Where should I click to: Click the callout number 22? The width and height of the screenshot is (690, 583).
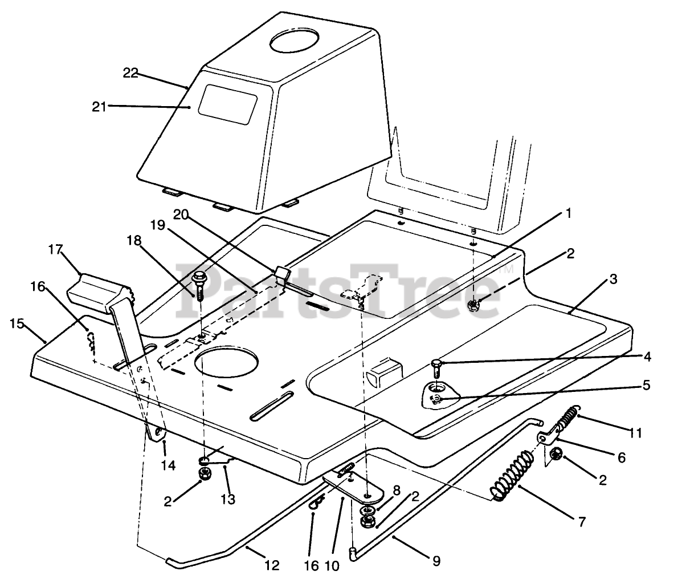[130, 74]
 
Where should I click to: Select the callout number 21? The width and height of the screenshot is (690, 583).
[99, 107]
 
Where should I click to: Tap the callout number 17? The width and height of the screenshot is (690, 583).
[55, 249]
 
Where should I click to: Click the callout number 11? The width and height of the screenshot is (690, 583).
[635, 434]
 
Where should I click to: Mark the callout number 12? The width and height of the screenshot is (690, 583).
[272, 566]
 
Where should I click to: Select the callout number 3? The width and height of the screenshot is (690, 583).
[613, 280]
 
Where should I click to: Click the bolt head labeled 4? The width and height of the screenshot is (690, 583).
[436, 362]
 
